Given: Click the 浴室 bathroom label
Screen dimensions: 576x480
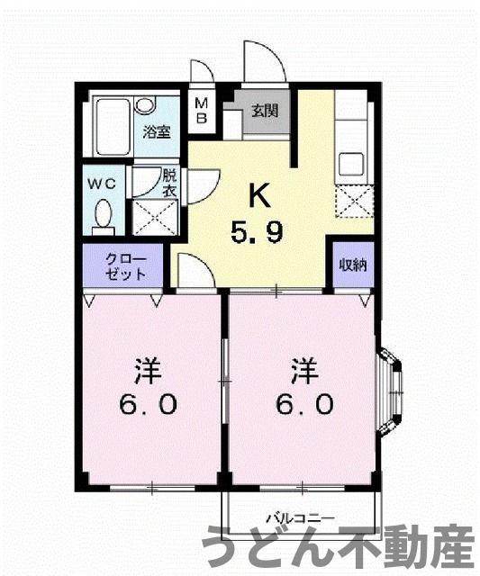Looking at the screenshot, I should [x=158, y=132].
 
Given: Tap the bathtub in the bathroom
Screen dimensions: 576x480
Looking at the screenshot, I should [x=113, y=127].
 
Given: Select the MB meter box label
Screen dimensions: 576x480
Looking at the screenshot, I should [x=203, y=110].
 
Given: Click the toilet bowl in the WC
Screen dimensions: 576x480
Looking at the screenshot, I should [x=104, y=217].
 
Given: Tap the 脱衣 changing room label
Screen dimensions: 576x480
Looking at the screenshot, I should [x=168, y=183].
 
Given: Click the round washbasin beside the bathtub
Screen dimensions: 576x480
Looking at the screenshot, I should [x=144, y=105].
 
